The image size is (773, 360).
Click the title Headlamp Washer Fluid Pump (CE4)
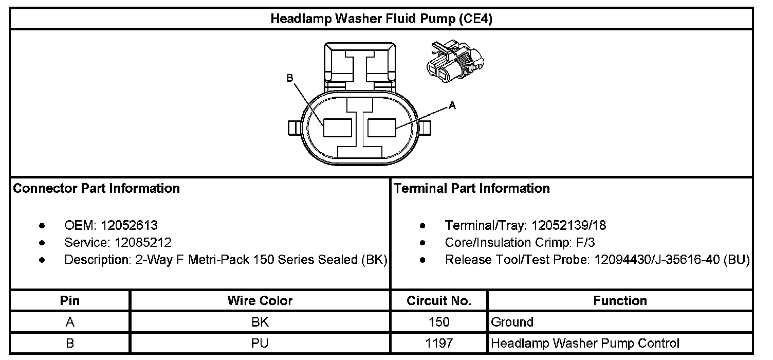pyautogui.click(x=382, y=20)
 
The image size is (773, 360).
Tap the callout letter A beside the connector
pyautogui.click(x=452, y=105)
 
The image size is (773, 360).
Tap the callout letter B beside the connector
pyautogui.click(x=290, y=78)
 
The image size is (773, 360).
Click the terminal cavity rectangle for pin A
pyautogui.click(x=382, y=128)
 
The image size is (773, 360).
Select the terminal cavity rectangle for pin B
pyautogui.click(x=337, y=128)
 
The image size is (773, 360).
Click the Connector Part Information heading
pyautogui.click(x=97, y=189)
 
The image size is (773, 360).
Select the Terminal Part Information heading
pyautogui.click(x=472, y=189)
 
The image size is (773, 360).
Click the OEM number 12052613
pyautogui.click(x=129, y=225)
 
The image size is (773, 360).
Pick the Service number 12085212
pyautogui.click(x=136, y=242)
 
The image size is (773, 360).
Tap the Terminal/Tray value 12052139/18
pyautogui.click(x=569, y=225)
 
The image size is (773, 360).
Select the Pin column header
pyautogui.click(x=70, y=301)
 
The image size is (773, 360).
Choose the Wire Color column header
pyautogui.click(x=260, y=301)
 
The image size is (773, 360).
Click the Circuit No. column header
pyautogui.click(x=439, y=301)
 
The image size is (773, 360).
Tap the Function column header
pyautogui.click(x=620, y=301)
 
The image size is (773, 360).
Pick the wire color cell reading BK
pyautogui.click(x=260, y=322)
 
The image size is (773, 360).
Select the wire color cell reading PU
pyautogui.click(x=260, y=344)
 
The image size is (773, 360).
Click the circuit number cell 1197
pyautogui.click(x=439, y=344)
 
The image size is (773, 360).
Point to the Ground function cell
pyautogui.click(x=512, y=322)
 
